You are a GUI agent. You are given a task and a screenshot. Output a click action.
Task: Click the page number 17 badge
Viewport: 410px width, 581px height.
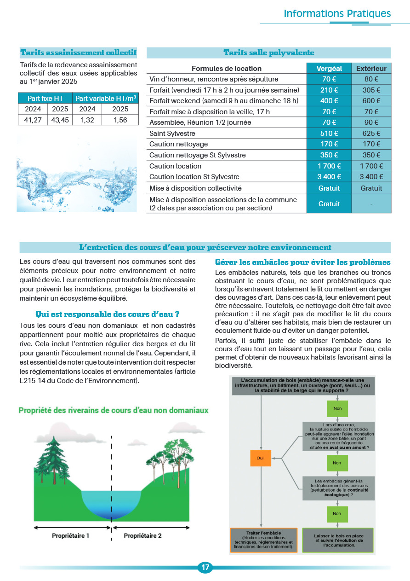(205, 567)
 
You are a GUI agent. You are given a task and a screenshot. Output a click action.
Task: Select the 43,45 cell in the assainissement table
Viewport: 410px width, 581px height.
(60, 120)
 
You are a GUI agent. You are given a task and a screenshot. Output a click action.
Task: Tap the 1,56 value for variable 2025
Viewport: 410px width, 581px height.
(120, 120)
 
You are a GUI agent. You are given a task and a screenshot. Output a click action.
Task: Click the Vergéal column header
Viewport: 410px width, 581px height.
(329, 68)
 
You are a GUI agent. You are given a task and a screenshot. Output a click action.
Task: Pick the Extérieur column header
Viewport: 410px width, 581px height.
(371, 68)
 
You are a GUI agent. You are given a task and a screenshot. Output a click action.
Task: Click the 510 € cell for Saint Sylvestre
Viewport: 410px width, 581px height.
(329, 134)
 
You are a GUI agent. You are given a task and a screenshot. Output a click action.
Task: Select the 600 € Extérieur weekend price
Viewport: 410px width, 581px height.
(371, 101)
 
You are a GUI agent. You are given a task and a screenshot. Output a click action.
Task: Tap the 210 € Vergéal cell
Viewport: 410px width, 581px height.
(329, 90)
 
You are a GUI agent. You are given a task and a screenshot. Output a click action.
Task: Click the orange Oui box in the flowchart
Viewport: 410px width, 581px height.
(260, 458)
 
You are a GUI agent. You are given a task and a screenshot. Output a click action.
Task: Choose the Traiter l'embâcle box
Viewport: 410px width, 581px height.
(263, 540)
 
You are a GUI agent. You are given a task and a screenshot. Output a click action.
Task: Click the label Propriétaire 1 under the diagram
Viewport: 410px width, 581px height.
(70, 536)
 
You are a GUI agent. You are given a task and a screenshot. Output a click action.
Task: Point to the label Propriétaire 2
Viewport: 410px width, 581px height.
(142, 536)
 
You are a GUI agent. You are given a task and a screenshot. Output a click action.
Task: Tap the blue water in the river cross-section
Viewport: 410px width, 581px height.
(110, 505)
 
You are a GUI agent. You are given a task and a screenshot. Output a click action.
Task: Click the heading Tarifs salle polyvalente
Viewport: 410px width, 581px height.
(268, 53)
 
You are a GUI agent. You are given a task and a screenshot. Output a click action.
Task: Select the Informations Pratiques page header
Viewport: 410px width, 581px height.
(337, 13)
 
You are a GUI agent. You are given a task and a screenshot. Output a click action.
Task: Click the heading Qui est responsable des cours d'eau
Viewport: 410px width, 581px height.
(107, 314)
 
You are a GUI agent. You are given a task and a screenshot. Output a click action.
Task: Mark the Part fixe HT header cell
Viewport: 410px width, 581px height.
(46, 98)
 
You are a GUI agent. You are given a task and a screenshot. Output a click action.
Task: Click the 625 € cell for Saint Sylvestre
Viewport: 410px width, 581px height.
(371, 134)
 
